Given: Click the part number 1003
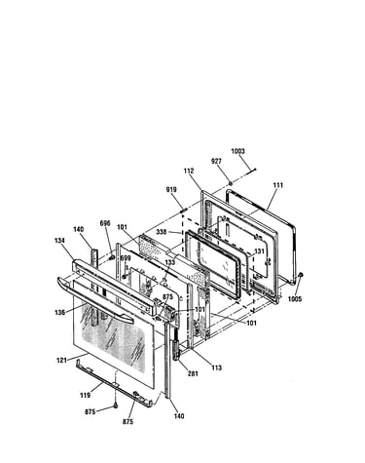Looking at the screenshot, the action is pyautogui.click(x=237, y=151).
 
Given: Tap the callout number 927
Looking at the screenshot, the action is pyautogui.click(x=216, y=161).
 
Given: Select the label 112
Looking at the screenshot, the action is pyautogui.click(x=189, y=171).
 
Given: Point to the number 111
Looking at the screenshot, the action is pyautogui.click(x=277, y=185).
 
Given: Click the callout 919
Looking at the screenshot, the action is pyautogui.click(x=171, y=189).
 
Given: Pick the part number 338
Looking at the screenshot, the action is pyautogui.click(x=162, y=232).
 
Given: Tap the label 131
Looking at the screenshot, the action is pyautogui.click(x=259, y=251).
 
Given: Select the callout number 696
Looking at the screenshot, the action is pyautogui.click(x=105, y=223).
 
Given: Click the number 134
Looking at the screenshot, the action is pyautogui.click(x=59, y=241).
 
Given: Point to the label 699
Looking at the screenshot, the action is pyautogui.click(x=126, y=258).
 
